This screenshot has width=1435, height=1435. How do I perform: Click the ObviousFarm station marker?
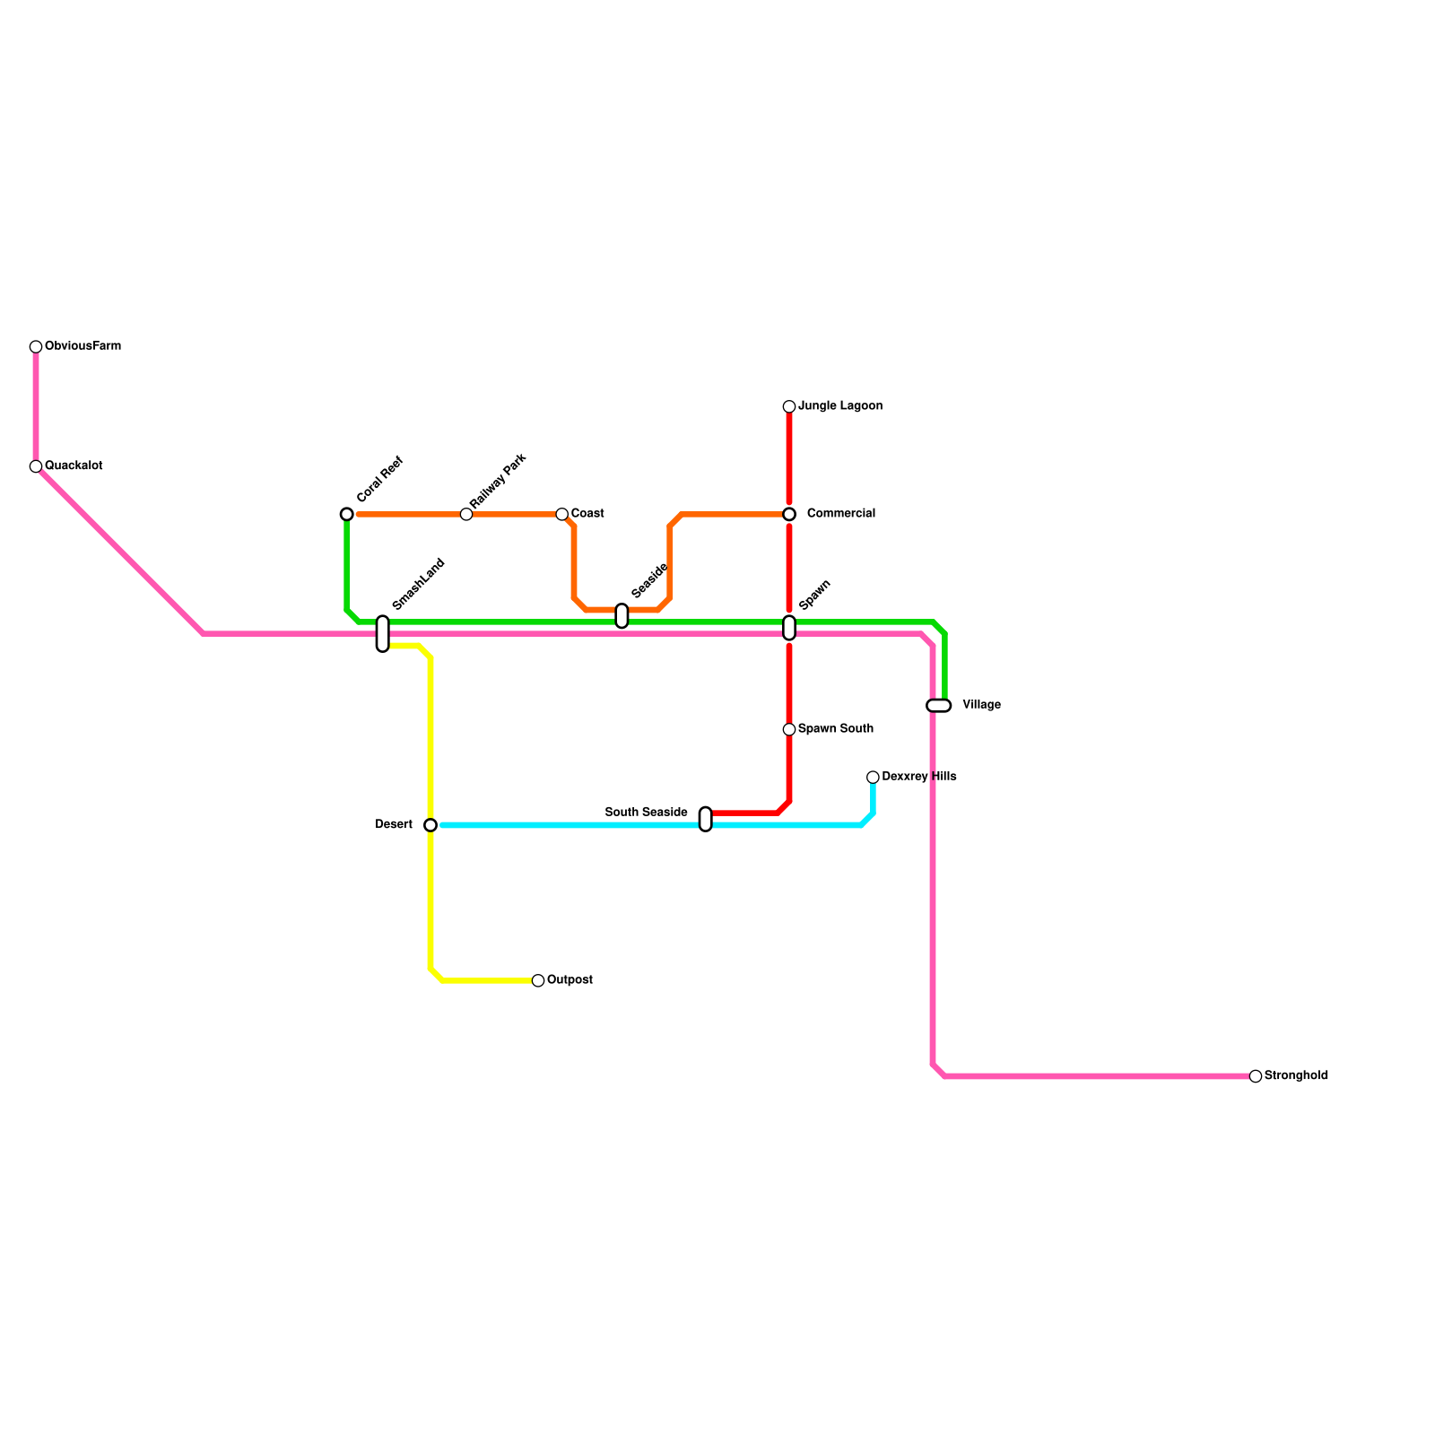pyautogui.click(x=36, y=347)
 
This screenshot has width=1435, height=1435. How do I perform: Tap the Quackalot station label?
pyautogui.click(x=74, y=466)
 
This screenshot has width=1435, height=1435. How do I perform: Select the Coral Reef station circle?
pyautogui.click(x=347, y=514)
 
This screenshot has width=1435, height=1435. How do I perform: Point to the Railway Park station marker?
pyautogui.click(x=466, y=514)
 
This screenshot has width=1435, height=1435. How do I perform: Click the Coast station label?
pyautogui.click(x=587, y=514)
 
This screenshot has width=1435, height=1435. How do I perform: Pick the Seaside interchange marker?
pyautogui.click(x=622, y=616)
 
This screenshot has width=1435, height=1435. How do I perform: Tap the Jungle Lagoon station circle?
pyautogui.click(x=789, y=407)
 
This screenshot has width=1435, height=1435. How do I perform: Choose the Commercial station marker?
pyautogui.click(x=789, y=514)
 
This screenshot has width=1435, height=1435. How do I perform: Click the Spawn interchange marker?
pyautogui.click(x=789, y=628)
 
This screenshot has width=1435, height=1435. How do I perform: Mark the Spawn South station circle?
pyautogui.click(x=789, y=729)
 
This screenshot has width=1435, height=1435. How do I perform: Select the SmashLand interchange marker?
pyautogui.click(x=383, y=633)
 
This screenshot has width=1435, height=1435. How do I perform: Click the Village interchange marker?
pyautogui.click(x=938, y=706)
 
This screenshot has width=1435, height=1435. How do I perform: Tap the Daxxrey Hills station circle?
pyautogui.click(x=873, y=778)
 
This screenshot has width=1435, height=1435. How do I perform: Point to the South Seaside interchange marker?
pyautogui.click(x=705, y=819)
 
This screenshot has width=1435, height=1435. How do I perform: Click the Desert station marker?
pyautogui.click(x=430, y=825)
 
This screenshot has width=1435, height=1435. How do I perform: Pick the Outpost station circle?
pyautogui.click(x=538, y=980)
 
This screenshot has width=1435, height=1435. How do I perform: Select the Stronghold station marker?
pyautogui.click(x=1256, y=1076)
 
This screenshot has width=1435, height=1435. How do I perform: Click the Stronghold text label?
pyautogui.click(x=1296, y=1076)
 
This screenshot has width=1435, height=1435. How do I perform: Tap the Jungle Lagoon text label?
pyautogui.click(x=840, y=406)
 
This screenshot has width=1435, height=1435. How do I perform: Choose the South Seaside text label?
pyautogui.click(x=646, y=813)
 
